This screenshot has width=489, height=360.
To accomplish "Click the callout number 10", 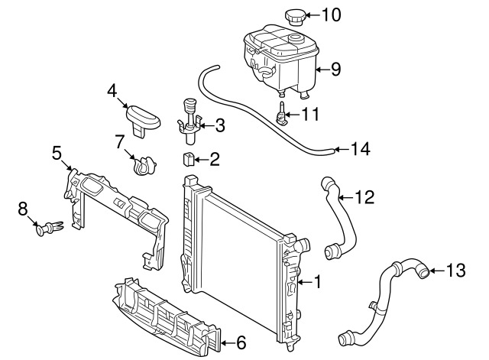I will [x=334, y=15].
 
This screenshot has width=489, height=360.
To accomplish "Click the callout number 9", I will [x=335, y=70].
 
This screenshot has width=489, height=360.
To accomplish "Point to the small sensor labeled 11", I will [x=283, y=115].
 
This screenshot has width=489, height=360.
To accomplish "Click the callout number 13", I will [x=455, y=270].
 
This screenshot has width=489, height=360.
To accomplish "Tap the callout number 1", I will [x=318, y=283].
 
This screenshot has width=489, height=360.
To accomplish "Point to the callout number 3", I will [x=219, y=125].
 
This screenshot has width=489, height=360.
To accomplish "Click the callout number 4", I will [x=113, y=92].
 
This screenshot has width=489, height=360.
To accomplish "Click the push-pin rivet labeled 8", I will [x=48, y=227].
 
